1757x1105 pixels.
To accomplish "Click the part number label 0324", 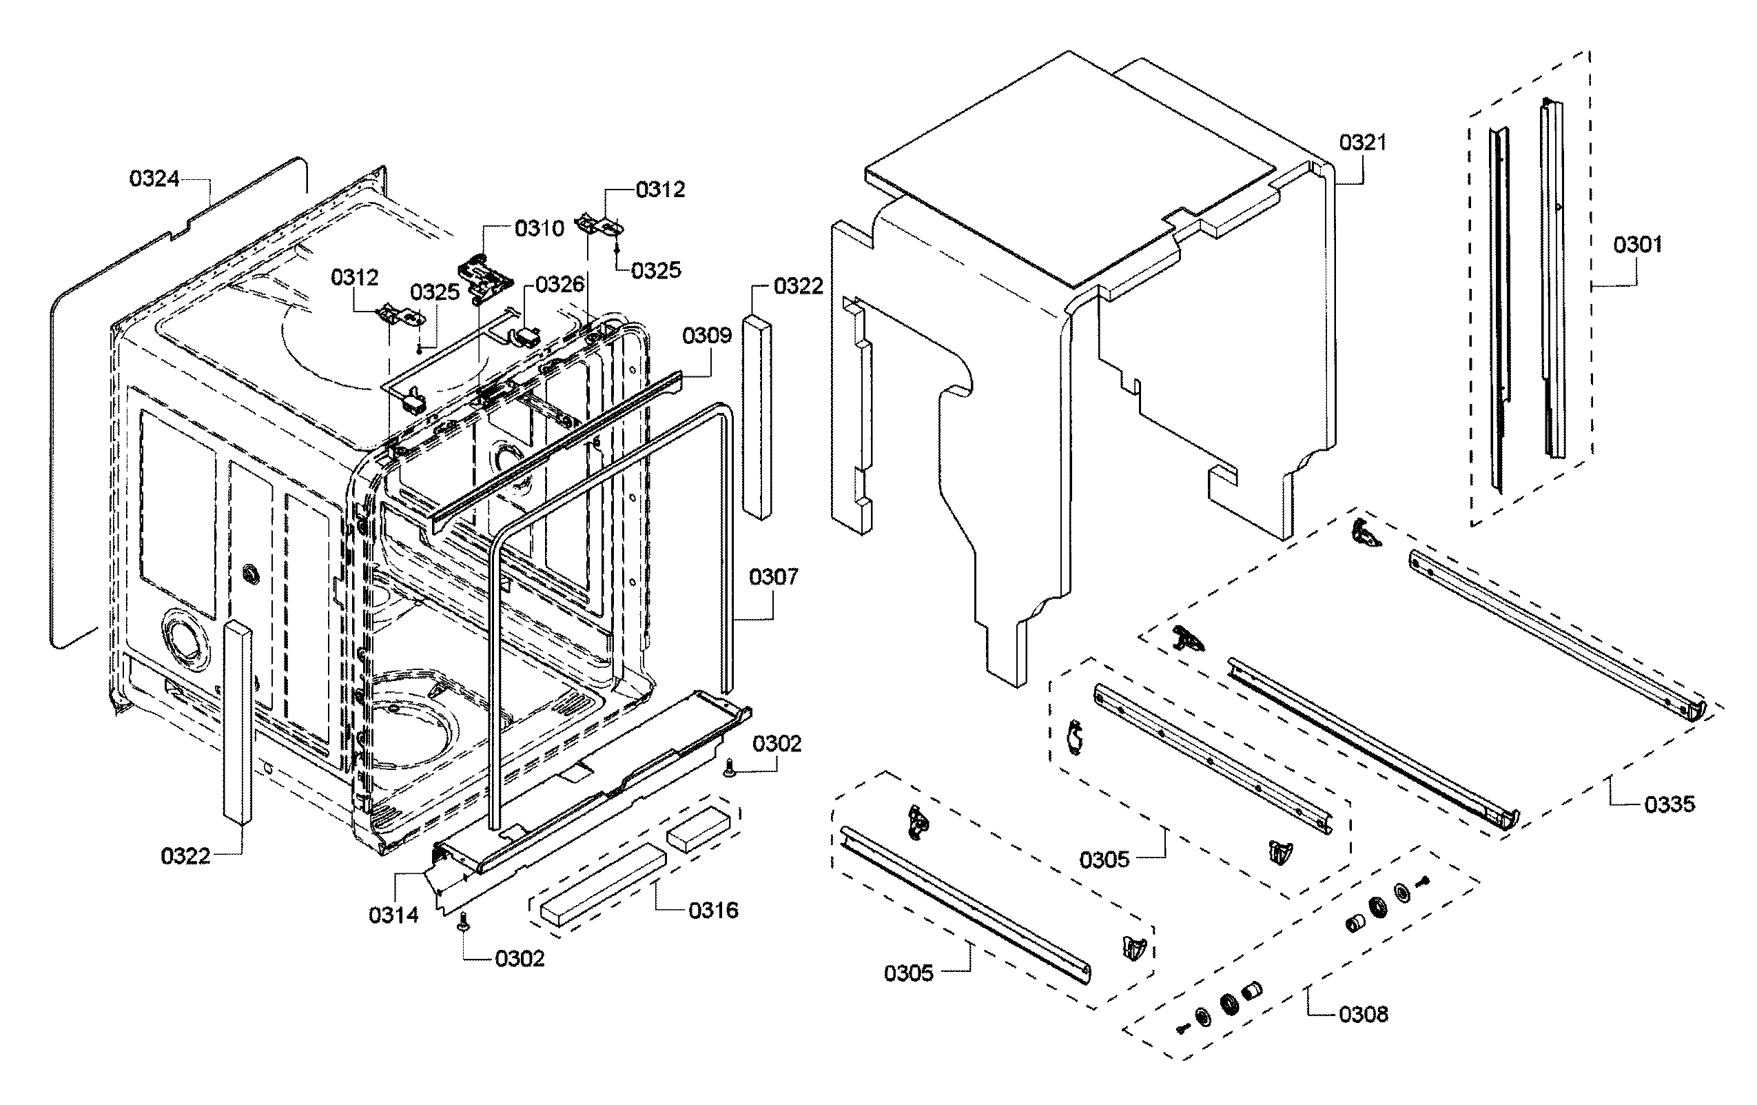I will click(x=154, y=179).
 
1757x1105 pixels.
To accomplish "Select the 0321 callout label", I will click(x=1362, y=142).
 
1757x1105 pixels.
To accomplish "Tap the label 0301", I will click(x=1637, y=245).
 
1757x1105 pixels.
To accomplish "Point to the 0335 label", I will click(x=1669, y=804).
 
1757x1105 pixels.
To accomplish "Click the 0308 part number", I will click(x=1363, y=1014).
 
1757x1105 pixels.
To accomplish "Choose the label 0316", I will click(x=713, y=910).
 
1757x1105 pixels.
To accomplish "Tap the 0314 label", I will click(x=393, y=915).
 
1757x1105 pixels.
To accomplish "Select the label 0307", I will click(x=774, y=577).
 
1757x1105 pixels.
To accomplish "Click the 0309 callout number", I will click(x=706, y=336).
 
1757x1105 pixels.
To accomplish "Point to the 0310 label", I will click(x=540, y=229).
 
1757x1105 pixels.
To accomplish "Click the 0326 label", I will click(x=559, y=285).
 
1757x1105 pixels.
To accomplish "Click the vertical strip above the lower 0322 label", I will click(x=238, y=722).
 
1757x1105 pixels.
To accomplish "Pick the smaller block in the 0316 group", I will click(x=698, y=829).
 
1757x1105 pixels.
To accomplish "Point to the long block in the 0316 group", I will click(x=603, y=885).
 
